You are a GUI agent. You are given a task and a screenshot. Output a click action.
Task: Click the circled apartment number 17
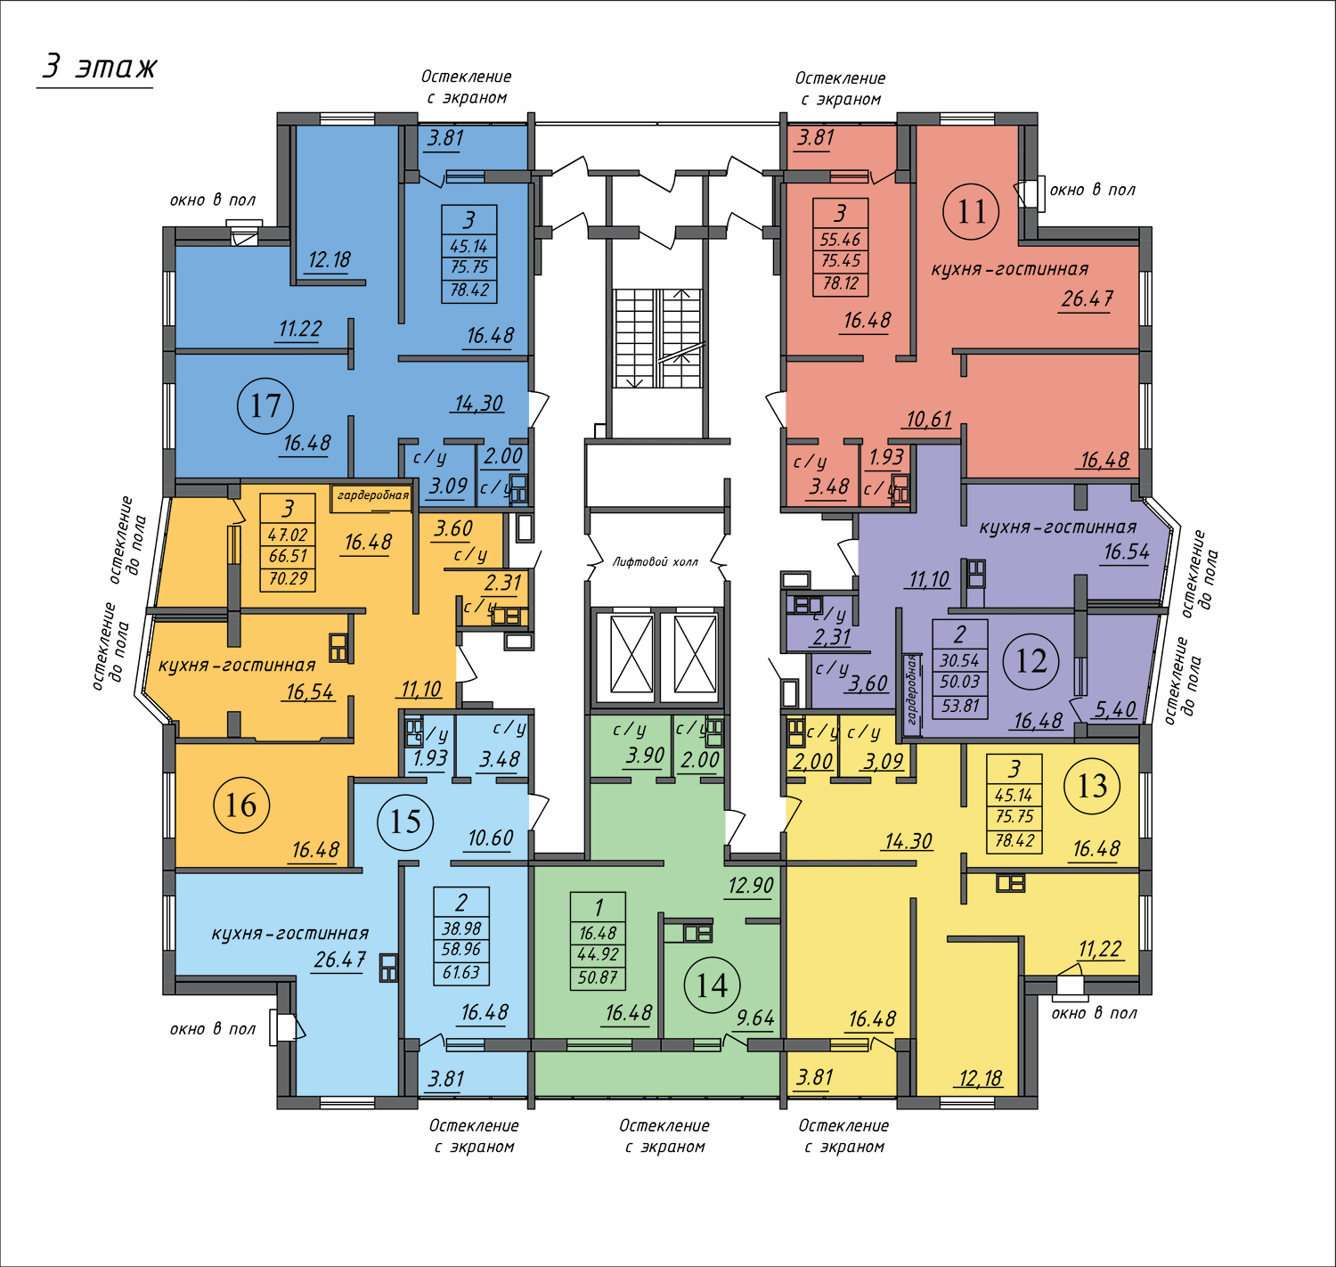pyautogui.click(x=265, y=406)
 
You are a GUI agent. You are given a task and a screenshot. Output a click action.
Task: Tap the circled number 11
pyautogui.click(x=971, y=211)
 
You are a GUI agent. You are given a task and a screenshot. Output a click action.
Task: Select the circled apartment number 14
pyautogui.click(x=712, y=985)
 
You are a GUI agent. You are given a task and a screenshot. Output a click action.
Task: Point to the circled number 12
pyautogui.click(x=1031, y=661)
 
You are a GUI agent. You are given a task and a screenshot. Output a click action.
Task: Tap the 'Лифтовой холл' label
pyautogui.click(x=656, y=561)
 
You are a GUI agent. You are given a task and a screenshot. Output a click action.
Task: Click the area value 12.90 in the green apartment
pyautogui.click(x=751, y=886)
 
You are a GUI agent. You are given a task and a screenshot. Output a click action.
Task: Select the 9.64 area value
pyautogui.click(x=755, y=1018)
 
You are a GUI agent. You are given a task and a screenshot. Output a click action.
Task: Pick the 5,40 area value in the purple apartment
pyautogui.click(x=1114, y=709)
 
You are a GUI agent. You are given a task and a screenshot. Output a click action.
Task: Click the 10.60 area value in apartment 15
pyautogui.click(x=490, y=838)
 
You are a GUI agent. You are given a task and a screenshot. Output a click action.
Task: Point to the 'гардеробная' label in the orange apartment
pyautogui.click(x=373, y=495)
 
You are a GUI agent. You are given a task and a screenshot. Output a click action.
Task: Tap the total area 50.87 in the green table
pyautogui.click(x=598, y=977)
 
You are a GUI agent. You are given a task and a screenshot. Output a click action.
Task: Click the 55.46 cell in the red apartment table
pyautogui.click(x=841, y=240)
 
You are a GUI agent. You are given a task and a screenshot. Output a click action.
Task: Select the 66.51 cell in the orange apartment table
pyautogui.click(x=288, y=556)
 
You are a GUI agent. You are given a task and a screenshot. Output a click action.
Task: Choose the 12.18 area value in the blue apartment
pyautogui.click(x=329, y=259)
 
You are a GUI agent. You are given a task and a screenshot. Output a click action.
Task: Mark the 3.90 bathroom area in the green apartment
pyautogui.click(x=646, y=755)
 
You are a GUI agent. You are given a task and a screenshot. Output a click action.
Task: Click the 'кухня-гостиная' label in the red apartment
pyautogui.click(x=1010, y=269)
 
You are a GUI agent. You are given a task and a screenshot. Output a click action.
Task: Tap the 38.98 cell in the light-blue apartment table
pyautogui.click(x=461, y=928)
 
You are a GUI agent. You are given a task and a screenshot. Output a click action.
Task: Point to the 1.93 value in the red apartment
pyautogui.click(x=886, y=456)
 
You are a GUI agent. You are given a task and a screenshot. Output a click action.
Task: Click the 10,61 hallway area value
pyautogui.click(x=929, y=419)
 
